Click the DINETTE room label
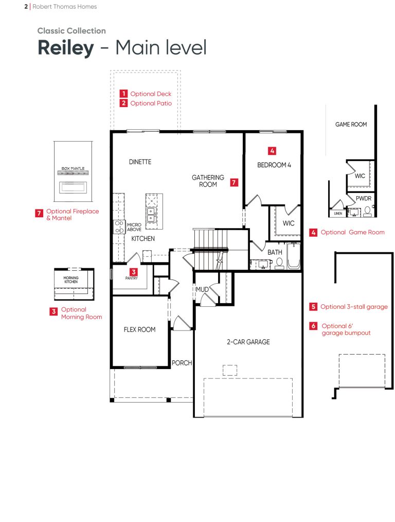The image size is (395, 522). pos(140,162)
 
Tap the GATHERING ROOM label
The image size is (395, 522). pos(208,181)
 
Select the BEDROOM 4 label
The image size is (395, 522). pos(274,165)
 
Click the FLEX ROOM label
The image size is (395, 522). pos(140,329)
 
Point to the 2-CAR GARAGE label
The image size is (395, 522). pos(248,342)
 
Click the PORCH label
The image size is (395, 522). pos(182,363)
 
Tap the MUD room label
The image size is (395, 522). pos(202,289)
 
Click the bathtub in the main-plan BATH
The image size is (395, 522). pos(294,256)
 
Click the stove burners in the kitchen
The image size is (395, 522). pos(119,227)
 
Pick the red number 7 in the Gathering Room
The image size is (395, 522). pos(234,182)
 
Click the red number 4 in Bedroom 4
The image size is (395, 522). pos(272,151)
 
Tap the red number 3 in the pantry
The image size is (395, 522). pos(134,272)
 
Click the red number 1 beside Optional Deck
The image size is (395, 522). pos(123,94)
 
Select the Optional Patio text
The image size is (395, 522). pos(151,103)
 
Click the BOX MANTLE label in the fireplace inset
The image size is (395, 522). pos(73,168)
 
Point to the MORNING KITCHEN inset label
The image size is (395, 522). pos(71,280)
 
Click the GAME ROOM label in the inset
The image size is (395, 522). pos(351,124)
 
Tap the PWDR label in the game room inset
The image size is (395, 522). pos(364,198)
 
